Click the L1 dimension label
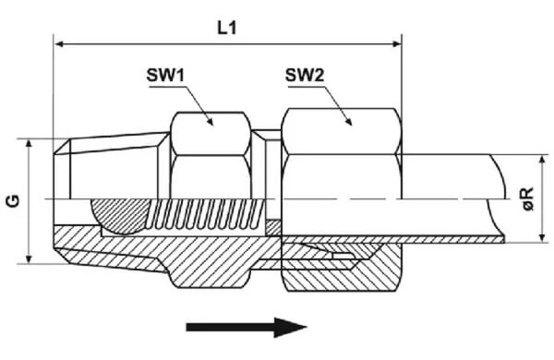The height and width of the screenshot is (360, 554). click(226, 28)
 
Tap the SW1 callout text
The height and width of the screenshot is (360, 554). click(165, 75)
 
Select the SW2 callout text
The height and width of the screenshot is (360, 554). click(305, 75)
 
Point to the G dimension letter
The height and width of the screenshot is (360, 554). click(14, 201)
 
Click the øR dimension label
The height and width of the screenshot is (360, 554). click(528, 198)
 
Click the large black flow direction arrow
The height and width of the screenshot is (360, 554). click(247, 327)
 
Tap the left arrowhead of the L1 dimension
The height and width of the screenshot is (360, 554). click(59, 44)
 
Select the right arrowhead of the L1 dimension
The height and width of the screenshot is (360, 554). click(397, 44)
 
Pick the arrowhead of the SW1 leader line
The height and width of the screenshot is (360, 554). click(211, 122)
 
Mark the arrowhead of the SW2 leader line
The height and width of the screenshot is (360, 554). click(349, 122)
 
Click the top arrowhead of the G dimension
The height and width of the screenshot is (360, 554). click(30, 143)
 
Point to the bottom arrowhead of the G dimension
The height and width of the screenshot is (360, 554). click(30, 259)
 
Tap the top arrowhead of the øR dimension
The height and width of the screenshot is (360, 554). click(542, 160)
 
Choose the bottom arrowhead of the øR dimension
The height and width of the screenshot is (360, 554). click(542, 238)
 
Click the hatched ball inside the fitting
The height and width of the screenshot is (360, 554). click(118, 215)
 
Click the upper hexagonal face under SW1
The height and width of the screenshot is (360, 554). click(211, 134)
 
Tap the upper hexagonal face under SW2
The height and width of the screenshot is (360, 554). click(342, 131)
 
